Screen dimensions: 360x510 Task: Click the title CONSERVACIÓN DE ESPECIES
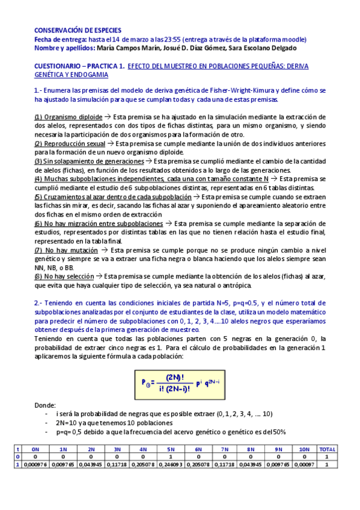click(x=78, y=30)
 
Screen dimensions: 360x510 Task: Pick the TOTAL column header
click(x=327, y=449)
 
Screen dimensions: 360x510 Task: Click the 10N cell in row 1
click(x=304, y=465)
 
